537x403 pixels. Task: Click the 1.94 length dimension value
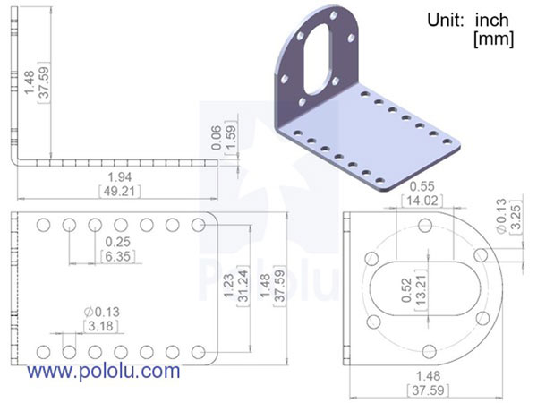tap(115, 178)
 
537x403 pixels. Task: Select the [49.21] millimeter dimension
tap(115, 191)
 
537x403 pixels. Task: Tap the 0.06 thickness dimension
tap(215, 136)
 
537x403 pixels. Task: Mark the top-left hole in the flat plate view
tap(41, 225)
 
